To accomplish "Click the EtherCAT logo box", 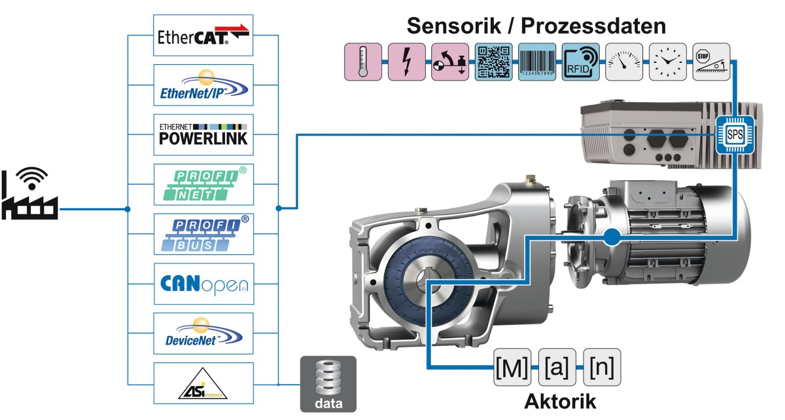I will [x=203, y=35].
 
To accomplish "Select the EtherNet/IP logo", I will [x=203, y=85].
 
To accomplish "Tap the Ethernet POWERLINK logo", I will [x=203, y=134].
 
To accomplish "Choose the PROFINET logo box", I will [x=203, y=184].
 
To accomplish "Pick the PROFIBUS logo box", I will [x=203, y=234].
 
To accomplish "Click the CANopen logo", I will [x=203, y=284].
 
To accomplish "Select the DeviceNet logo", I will [x=203, y=334].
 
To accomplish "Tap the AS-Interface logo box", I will [x=203, y=383].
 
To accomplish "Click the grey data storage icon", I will [x=328, y=383].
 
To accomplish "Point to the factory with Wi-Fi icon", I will [x=30, y=193].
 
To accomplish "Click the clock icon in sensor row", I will [x=667, y=62].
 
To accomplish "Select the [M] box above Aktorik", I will [x=512, y=368].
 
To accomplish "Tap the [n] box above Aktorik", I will [x=601, y=368].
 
